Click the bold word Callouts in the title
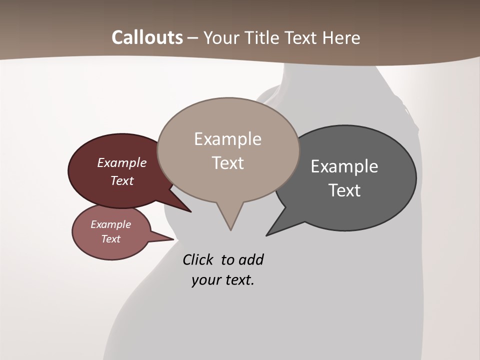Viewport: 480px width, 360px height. point(147,37)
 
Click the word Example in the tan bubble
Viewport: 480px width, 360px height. point(227,139)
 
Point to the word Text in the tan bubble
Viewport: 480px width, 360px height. point(227,163)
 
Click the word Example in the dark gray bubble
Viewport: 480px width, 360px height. point(344,166)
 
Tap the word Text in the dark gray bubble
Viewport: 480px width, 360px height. point(344,190)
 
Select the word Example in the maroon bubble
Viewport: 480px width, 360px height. point(122,163)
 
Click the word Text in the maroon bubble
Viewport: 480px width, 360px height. point(122,181)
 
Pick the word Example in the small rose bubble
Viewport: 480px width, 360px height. point(110,224)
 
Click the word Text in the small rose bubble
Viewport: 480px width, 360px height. point(110,239)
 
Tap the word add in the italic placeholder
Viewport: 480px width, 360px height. point(251,260)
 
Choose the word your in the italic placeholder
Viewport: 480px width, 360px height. point(205,280)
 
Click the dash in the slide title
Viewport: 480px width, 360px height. point(192,38)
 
